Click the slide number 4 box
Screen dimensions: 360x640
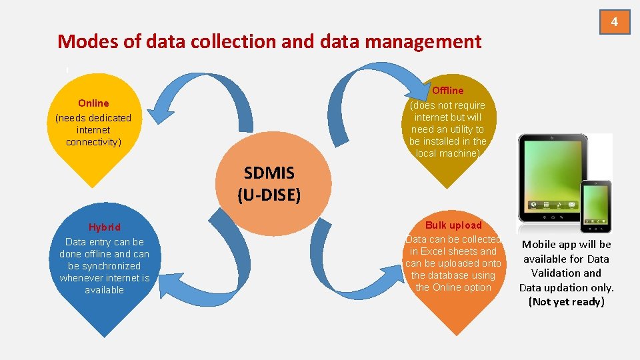pos(615,21)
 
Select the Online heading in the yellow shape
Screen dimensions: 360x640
pos(93,103)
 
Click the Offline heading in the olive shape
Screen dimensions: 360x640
pos(448,90)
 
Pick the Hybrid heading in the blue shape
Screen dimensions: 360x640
pos(105,227)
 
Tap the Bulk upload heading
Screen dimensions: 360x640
pos(453,225)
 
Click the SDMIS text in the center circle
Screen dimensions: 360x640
pos(269,173)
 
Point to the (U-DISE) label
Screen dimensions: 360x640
pos(269,195)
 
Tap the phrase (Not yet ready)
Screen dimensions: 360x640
pos(566,301)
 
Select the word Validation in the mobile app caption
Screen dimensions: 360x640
pos(566,273)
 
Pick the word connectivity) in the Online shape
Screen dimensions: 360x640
pos(94,141)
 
